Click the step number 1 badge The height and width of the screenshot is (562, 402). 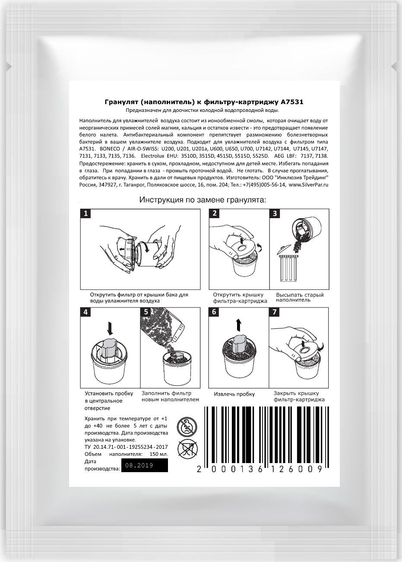click(86, 213)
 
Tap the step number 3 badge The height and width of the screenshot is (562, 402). click(275, 213)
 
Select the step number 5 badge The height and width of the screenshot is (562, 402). click(146, 312)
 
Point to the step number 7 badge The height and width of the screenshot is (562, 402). click(275, 312)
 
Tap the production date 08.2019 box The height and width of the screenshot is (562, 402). click(144, 466)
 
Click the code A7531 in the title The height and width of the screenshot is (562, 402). click(294, 102)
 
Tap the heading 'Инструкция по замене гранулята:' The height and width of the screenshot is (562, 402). click(203, 200)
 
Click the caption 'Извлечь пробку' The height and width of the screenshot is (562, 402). click(234, 394)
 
